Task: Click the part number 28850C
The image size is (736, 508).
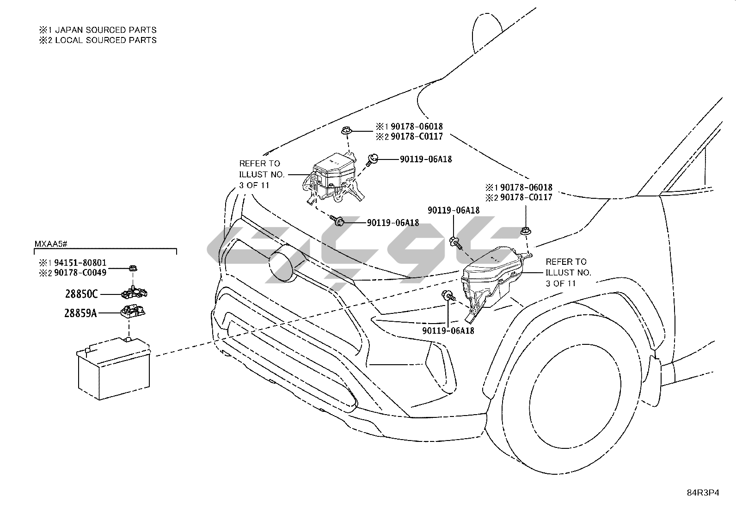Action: pos(81,294)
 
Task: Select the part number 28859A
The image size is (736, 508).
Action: pos(80,313)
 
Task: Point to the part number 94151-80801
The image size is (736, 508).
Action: pos(80,263)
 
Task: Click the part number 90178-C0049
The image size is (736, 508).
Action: pos(80,273)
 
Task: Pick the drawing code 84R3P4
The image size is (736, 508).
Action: pos(702,493)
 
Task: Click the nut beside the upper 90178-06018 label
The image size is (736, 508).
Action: pos(345,132)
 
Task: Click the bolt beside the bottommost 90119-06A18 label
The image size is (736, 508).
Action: pos(448,296)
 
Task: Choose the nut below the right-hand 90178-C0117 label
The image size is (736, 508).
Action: pos(525,230)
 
